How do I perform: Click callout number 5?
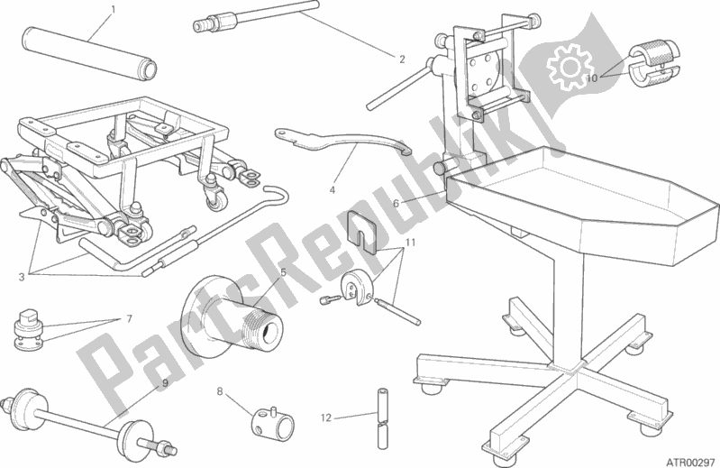282,271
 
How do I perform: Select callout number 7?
130,318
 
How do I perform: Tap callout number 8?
219,390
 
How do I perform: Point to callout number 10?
590,78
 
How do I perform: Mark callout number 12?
326,418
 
